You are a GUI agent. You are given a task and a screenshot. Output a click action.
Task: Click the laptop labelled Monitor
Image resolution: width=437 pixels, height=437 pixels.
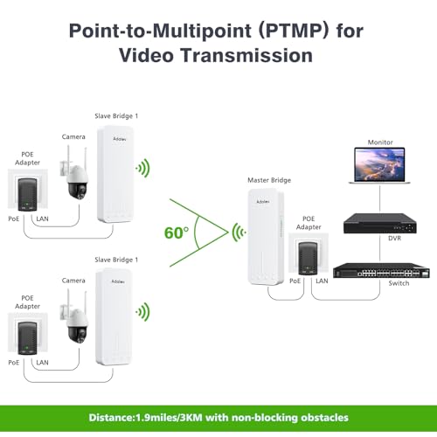(x=379, y=165)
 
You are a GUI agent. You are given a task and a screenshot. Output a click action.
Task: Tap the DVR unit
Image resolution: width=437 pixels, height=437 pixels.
(x=380, y=223)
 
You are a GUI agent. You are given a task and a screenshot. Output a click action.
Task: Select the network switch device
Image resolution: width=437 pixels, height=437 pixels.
(x=381, y=270)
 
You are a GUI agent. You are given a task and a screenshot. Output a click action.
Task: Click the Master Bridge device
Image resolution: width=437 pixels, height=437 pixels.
(x=266, y=237)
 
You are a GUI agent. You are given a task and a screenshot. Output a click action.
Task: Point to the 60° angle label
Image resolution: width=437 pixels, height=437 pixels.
(x=177, y=233)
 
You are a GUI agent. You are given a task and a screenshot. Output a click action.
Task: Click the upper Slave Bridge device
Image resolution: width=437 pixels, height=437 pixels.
(x=115, y=174)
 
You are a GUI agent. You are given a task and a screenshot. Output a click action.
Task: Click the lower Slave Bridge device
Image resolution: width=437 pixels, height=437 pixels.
(x=114, y=317)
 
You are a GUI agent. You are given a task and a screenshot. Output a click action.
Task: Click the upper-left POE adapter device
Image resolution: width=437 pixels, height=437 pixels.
(x=27, y=194)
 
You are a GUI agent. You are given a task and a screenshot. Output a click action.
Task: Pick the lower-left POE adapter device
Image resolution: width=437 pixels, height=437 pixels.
(x=27, y=338)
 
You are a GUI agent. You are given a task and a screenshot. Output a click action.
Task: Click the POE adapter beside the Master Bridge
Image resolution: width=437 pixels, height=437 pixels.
(x=308, y=259)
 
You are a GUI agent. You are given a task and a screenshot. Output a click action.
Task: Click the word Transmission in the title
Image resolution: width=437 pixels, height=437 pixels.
(x=247, y=55)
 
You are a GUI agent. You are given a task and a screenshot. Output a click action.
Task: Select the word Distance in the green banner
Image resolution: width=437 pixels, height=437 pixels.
(x=111, y=418)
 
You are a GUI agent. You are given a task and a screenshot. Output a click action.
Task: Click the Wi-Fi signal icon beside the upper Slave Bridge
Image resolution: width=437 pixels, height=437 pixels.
(x=142, y=168)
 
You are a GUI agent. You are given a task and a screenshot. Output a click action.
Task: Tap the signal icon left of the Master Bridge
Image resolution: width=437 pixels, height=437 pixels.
(x=239, y=232)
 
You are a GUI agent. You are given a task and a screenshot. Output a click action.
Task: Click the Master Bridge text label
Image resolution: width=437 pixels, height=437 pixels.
(x=269, y=180)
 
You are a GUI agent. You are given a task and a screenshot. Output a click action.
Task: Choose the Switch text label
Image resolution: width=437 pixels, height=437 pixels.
(x=399, y=283)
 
